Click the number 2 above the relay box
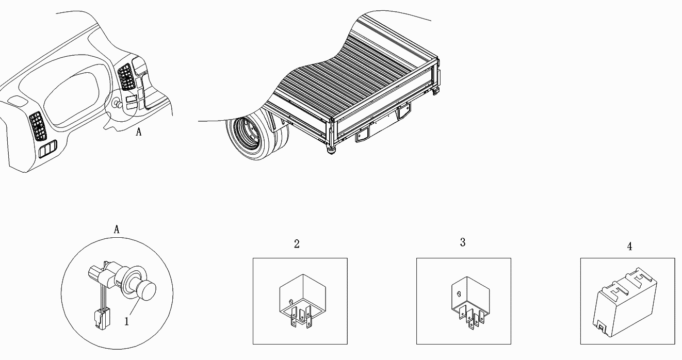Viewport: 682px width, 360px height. [x=297, y=244]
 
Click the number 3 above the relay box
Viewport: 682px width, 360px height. [x=463, y=242]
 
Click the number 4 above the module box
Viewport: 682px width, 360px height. [x=629, y=246]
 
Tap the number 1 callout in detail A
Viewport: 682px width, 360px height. [x=127, y=321]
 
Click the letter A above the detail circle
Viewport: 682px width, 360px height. [x=117, y=230]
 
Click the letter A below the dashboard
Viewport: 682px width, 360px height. [x=139, y=132]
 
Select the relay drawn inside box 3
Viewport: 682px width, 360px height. [x=470, y=303]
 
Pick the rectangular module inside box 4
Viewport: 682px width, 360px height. [x=625, y=302]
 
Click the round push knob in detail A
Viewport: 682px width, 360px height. [x=148, y=291]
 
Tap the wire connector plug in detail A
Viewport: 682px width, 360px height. [x=102, y=319]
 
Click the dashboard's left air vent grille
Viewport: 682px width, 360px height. [x=38, y=126]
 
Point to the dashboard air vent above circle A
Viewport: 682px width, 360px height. [x=126, y=77]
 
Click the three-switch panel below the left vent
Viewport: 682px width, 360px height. [x=48, y=149]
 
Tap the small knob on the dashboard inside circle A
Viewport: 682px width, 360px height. [x=118, y=104]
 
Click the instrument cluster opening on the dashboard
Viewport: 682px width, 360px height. [x=71, y=99]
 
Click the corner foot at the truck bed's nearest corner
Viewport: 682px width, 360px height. [x=331, y=150]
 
